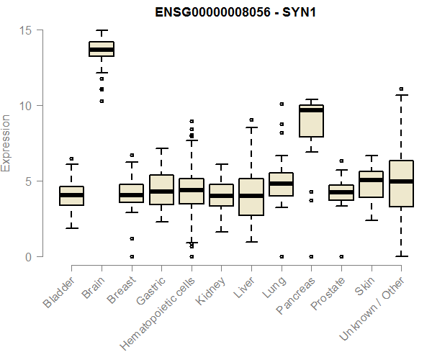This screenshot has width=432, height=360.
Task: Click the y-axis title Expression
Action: [x=6, y=143]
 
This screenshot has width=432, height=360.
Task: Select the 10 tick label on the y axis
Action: [x=26, y=106]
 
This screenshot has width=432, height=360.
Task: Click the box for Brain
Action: [x=102, y=49]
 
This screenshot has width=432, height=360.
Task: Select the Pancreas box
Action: [x=311, y=121]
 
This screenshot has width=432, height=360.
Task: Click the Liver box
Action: [x=251, y=197]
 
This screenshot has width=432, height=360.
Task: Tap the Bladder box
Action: [x=71, y=196]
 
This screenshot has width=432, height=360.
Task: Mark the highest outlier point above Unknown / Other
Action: [x=401, y=89]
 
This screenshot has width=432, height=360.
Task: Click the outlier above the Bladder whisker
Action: [x=71, y=158]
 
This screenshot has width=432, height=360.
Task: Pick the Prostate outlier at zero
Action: [x=341, y=256]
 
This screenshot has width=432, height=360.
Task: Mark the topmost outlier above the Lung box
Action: [x=282, y=104]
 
